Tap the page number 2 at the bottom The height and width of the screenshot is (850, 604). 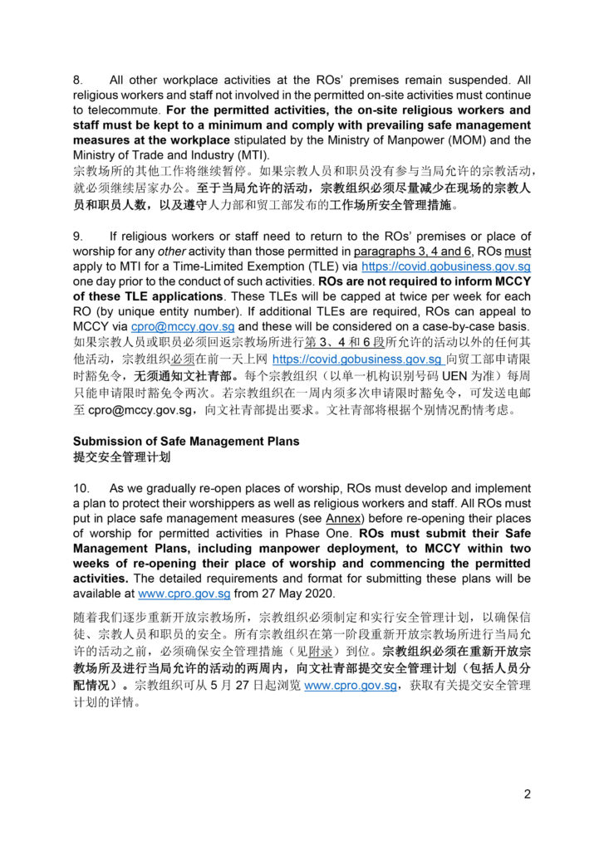point(527,794)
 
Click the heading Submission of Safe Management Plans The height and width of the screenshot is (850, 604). point(186,441)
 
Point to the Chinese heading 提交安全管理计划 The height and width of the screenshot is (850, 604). point(126,456)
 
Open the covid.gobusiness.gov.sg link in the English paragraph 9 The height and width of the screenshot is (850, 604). point(446,266)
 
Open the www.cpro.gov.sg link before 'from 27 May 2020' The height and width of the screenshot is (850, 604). point(176,593)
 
